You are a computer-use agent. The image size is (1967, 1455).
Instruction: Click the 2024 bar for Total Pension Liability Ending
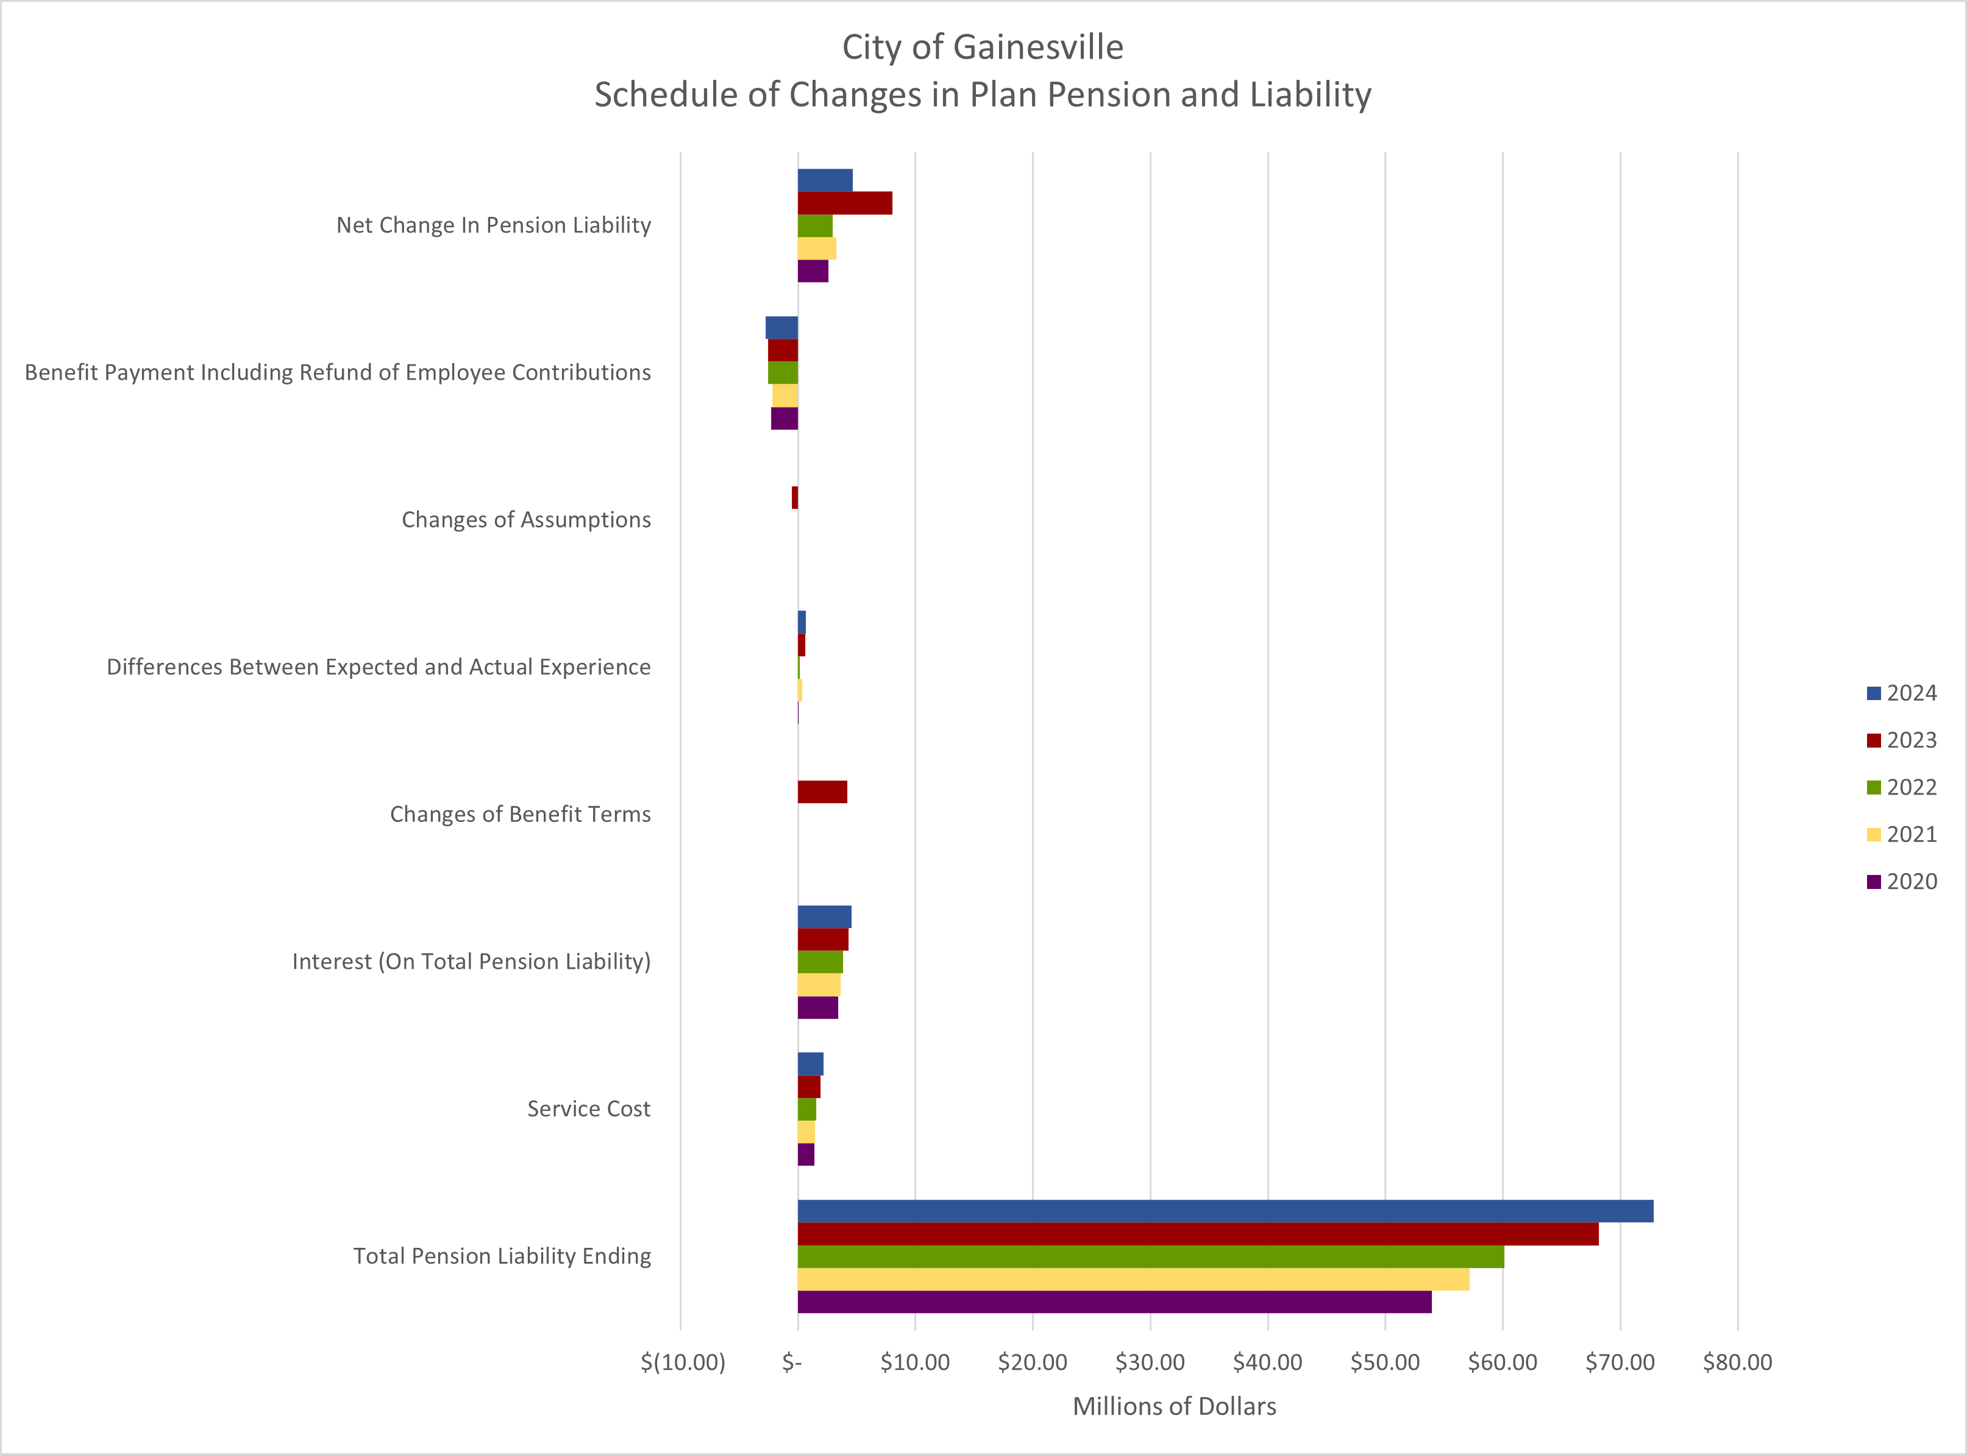[x=1225, y=1211]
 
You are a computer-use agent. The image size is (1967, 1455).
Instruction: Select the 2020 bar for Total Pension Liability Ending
[x=1114, y=1301]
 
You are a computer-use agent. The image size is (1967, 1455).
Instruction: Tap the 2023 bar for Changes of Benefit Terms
[x=822, y=792]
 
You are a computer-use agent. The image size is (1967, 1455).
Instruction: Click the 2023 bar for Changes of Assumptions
[x=795, y=498]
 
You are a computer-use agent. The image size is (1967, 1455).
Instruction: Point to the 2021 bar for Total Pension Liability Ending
[x=1133, y=1279]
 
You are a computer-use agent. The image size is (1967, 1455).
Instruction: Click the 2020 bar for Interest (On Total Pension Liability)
[x=817, y=1008]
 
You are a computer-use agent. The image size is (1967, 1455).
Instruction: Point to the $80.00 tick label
[x=1737, y=1362]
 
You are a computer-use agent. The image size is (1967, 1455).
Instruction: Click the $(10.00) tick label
[x=683, y=1362]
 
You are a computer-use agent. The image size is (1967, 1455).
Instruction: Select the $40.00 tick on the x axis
[x=1268, y=1362]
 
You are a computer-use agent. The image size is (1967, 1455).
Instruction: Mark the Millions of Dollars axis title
[x=1174, y=1406]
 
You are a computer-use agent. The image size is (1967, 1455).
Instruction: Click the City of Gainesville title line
[x=982, y=48]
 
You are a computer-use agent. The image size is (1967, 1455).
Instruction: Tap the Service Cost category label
[x=588, y=1109]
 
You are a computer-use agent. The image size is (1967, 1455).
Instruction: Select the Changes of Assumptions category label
[x=526, y=520]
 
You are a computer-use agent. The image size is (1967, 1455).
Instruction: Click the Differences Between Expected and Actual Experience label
[x=379, y=667]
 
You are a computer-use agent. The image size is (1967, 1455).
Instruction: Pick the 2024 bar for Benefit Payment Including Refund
[x=781, y=328]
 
